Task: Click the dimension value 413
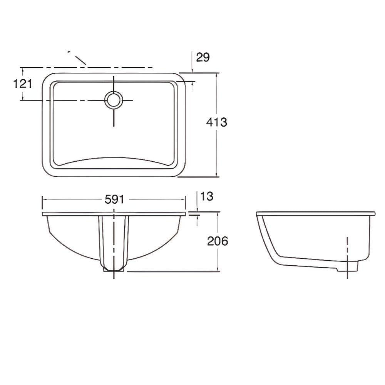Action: click(x=216, y=122)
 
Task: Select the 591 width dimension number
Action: click(x=114, y=199)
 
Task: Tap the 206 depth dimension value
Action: click(x=218, y=241)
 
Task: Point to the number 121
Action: click(x=23, y=84)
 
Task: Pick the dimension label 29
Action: click(x=203, y=57)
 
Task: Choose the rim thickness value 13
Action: click(x=207, y=196)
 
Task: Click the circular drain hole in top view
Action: click(x=114, y=100)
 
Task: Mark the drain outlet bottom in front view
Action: click(x=114, y=269)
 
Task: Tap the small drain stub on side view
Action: click(x=347, y=266)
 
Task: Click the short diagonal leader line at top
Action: click(x=81, y=60)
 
